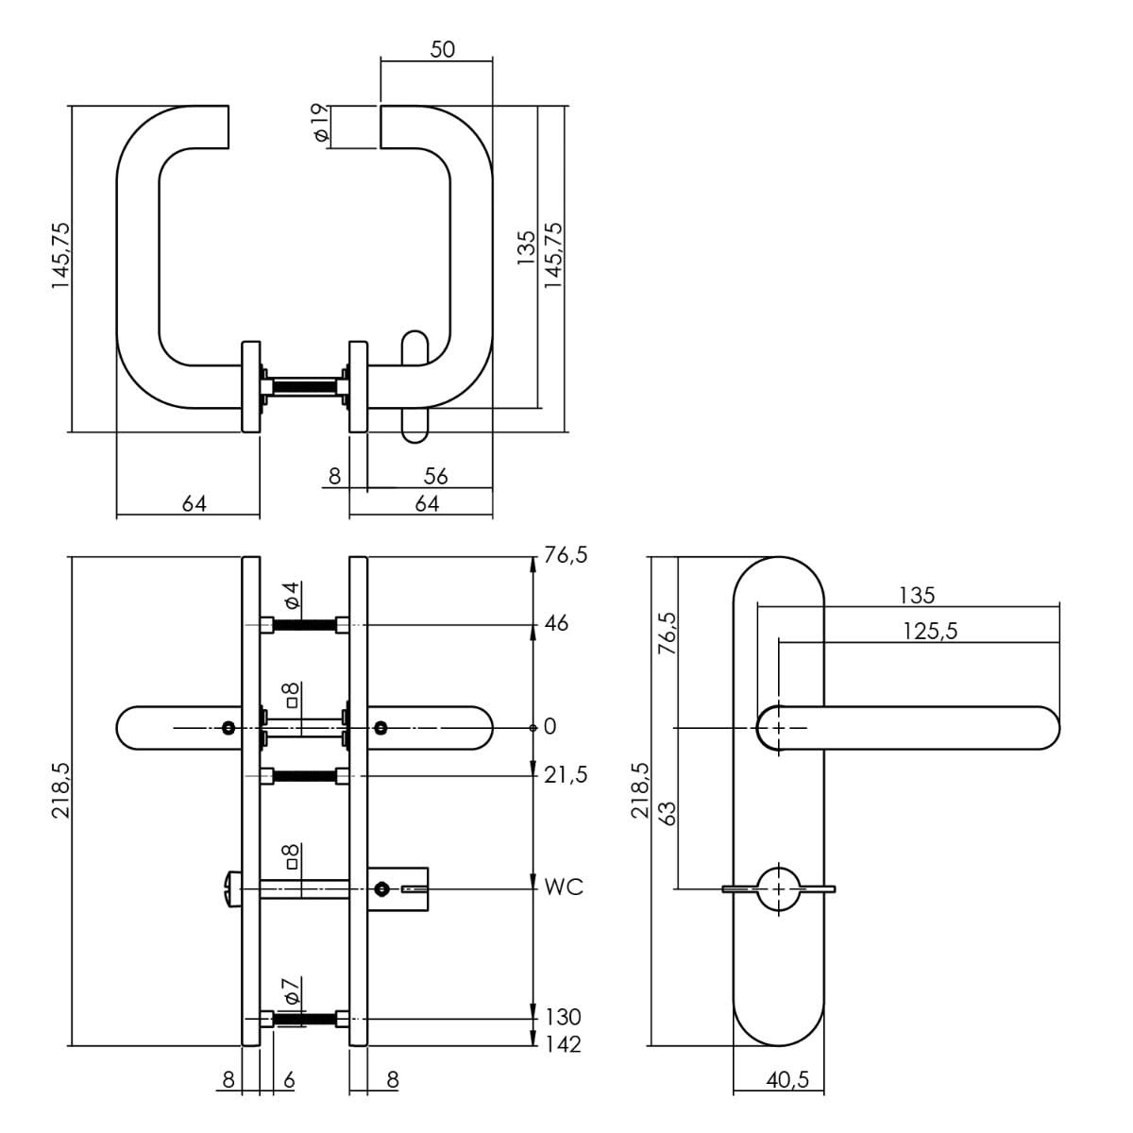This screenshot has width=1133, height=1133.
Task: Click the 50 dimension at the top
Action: (442, 49)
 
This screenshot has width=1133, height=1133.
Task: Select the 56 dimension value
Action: (435, 477)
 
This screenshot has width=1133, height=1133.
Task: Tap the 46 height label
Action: (557, 624)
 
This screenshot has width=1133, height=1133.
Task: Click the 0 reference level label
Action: (550, 727)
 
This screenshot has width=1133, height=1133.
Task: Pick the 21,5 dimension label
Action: (566, 775)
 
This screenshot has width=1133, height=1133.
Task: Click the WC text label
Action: (564, 888)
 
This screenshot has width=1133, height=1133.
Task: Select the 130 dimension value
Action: (564, 1018)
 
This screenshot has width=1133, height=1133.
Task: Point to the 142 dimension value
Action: (564, 1044)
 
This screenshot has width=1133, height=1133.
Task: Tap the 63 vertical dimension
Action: (667, 812)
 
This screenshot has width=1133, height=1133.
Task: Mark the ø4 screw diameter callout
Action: (291, 596)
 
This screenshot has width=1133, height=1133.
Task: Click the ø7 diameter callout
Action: (291, 990)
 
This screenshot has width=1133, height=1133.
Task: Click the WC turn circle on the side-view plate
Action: (779, 888)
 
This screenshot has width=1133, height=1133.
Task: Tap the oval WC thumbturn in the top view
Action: (414, 386)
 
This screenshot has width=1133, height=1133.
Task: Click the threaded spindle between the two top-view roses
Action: (304, 386)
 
